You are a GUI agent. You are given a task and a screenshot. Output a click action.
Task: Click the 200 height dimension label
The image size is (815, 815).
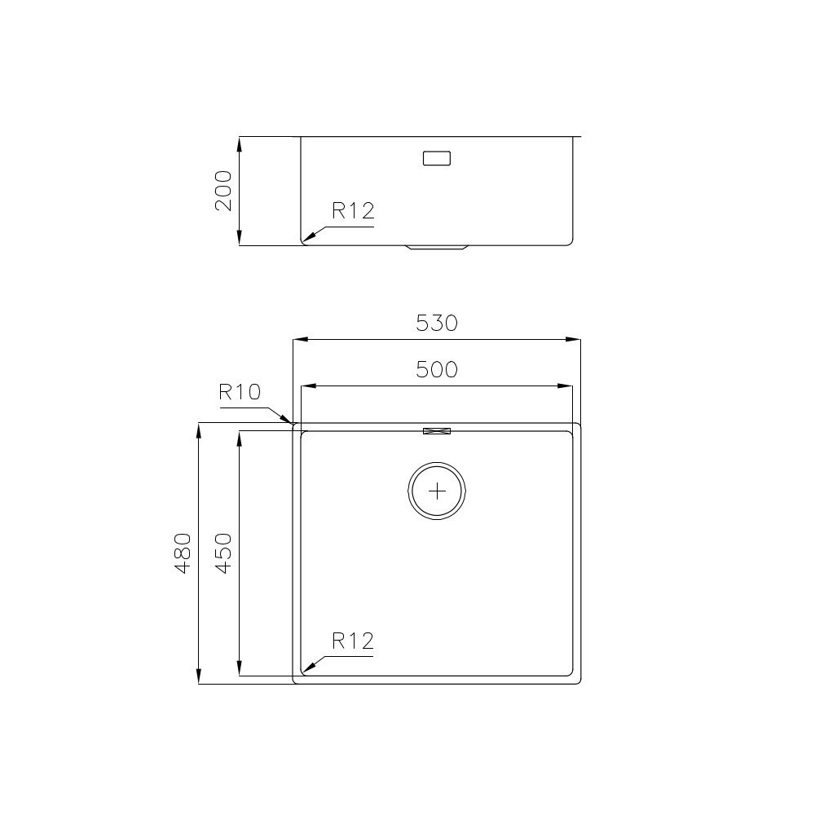tap(224, 192)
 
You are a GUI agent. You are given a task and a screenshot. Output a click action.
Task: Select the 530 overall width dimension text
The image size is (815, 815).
tap(437, 324)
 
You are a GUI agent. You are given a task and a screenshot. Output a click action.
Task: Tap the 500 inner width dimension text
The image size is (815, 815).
tap(437, 370)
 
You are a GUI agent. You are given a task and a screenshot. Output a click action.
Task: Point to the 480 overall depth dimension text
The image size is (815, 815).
tap(183, 553)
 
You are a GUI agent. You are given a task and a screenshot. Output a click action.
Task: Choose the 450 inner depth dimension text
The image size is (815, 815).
tap(224, 553)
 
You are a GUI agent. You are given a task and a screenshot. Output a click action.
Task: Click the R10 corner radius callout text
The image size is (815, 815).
tap(239, 393)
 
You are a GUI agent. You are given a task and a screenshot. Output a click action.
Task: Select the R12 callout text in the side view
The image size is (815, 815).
tap(352, 212)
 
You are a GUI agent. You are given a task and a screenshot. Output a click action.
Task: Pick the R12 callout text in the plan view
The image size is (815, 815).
tap(352, 641)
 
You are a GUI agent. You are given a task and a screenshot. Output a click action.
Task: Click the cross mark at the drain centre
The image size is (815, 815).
tap(438, 491)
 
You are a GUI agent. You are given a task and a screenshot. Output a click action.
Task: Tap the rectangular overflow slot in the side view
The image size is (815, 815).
tap(437, 158)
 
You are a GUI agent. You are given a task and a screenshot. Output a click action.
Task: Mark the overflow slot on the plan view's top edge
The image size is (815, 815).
tap(437, 430)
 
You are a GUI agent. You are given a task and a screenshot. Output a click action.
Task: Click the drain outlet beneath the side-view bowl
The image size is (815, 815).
tap(437, 245)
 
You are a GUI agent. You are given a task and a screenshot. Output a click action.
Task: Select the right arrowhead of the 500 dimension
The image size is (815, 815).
tap(566, 385)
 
